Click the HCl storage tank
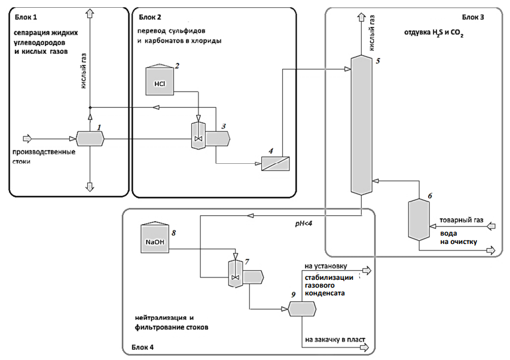click(160, 81)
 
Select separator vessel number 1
click(91, 139)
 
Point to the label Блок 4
click(143, 347)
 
